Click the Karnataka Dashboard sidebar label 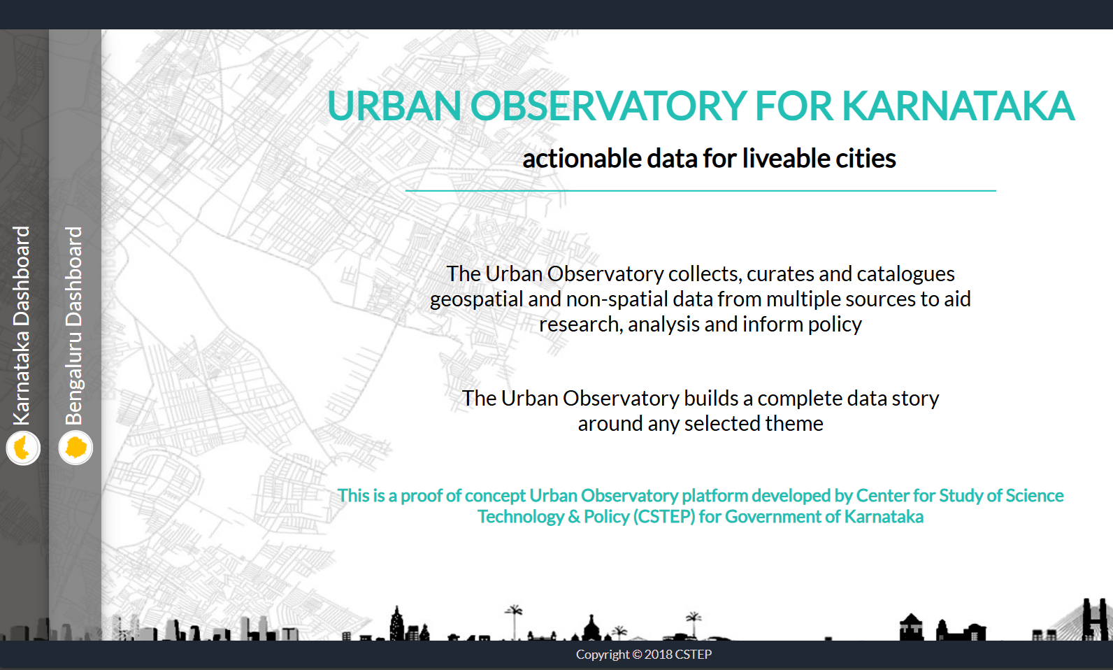point(22,325)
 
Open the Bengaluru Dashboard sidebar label point(74,325)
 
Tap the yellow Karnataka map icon point(23,448)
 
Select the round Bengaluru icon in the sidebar point(76,448)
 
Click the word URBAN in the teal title point(394,106)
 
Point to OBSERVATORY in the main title point(608,106)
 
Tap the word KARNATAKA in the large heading point(958,106)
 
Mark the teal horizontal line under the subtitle point(701,190)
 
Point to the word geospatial point(476,299)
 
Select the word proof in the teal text point(422,496)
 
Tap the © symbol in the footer point(637,655)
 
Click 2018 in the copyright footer point(658,655)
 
